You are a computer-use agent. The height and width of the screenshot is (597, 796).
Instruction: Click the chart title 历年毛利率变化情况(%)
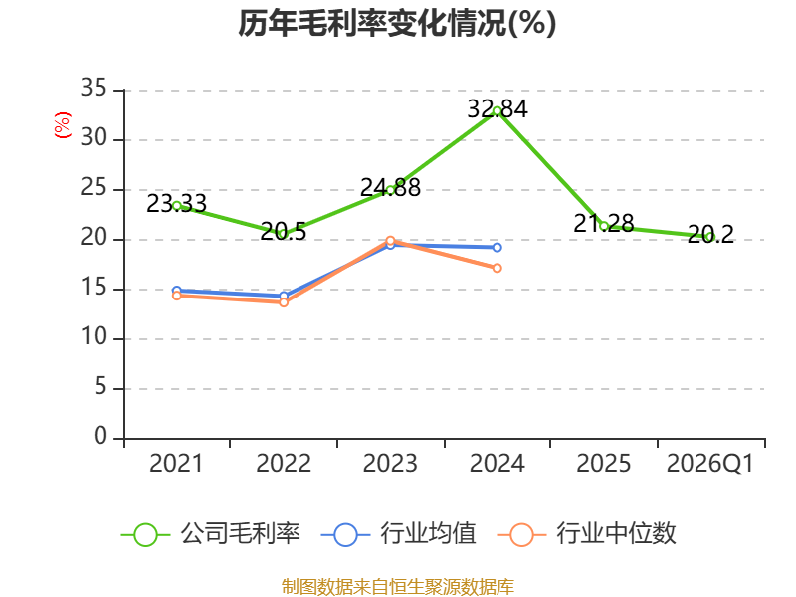coord(397,23)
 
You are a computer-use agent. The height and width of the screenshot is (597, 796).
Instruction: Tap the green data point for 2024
coord(497,111)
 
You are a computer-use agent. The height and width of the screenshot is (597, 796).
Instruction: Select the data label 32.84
coord(497,108)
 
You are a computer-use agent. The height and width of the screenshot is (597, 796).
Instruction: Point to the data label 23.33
coord(177,204)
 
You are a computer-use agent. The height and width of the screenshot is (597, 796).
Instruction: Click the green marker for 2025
coord(604,227)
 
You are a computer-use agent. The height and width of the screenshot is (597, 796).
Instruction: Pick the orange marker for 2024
coord(497,268)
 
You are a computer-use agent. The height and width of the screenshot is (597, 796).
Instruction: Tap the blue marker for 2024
coord(497,247)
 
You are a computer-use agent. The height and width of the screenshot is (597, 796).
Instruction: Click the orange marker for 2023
coord(390,241)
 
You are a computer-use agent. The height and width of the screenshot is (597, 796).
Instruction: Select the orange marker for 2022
coord(284,302)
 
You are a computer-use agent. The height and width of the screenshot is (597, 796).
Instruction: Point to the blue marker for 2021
coord(177,291)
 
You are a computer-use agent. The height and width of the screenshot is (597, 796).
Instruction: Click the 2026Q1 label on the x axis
coord(710,464)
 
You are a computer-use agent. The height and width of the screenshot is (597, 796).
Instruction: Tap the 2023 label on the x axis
coord(390,464)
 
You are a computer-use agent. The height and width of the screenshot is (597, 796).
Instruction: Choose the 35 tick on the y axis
coord(94,89)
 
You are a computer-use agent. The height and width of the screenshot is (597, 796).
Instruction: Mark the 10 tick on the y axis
coord(94,337)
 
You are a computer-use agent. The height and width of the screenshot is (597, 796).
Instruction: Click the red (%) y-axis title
coord(63,125)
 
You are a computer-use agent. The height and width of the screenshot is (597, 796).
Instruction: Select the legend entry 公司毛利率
coord(211,534)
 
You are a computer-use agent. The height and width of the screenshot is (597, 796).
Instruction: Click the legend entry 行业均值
coord(399,534)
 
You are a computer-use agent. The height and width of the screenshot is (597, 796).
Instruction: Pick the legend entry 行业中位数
coord(586,534)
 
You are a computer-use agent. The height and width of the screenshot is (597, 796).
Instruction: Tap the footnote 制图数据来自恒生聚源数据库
coord(398,587)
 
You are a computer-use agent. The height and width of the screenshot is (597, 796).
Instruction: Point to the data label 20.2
coord(710,234)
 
